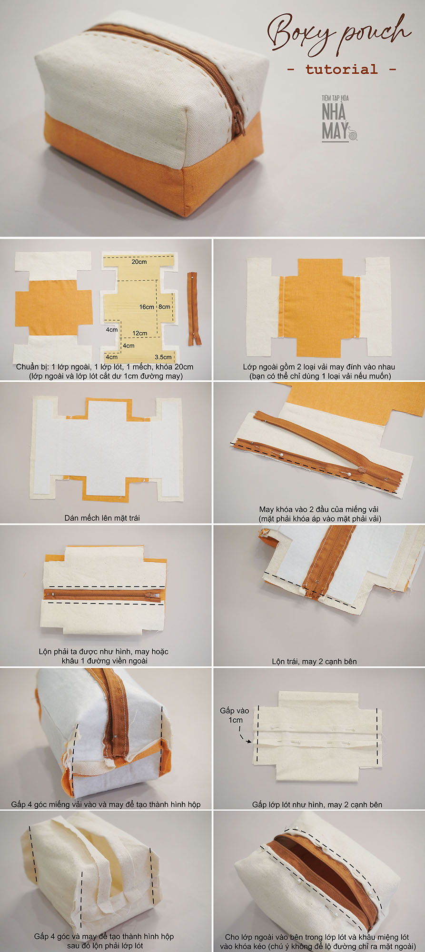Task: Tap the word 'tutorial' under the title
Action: (341, 69)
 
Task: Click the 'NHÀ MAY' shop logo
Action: (338, 118)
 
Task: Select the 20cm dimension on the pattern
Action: (139, 262)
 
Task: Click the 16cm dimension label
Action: (147, 307)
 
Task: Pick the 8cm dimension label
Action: (164, 307)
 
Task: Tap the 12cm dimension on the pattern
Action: (139, 333)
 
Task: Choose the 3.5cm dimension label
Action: (163, 357)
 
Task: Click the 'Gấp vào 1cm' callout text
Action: (235, 715)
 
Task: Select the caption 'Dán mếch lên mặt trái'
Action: (102, 518)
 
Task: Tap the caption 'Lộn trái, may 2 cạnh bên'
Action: (314, 661)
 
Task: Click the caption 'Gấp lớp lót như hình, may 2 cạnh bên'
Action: (317, 804)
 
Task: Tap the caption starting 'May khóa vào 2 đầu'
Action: (320, 514)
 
